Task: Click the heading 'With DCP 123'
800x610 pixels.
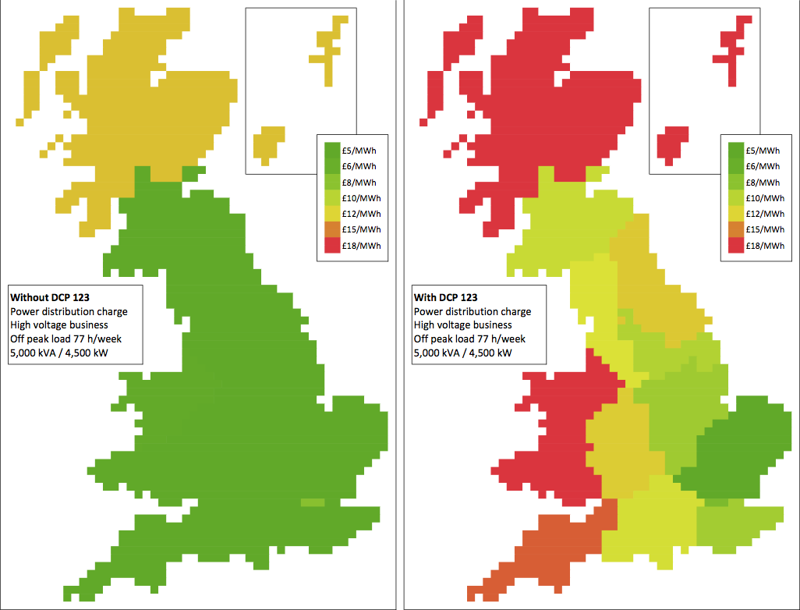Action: coord(446,297)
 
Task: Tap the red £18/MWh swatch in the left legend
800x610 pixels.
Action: coord(331,245)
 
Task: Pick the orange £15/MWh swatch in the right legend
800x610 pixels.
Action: coord(736,229)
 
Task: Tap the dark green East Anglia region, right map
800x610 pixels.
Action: coord(741,452)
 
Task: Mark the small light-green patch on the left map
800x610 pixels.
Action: coord(312,503)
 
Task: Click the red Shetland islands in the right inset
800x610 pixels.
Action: coord(734,47)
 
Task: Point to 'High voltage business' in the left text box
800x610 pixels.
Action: coord(58,325)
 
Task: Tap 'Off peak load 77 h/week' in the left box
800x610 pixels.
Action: coord(65,339)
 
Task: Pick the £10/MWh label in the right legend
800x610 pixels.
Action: coord(764,198)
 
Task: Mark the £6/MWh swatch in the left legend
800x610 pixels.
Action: coord(331,166)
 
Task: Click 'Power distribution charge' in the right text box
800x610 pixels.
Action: coord(472,311)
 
